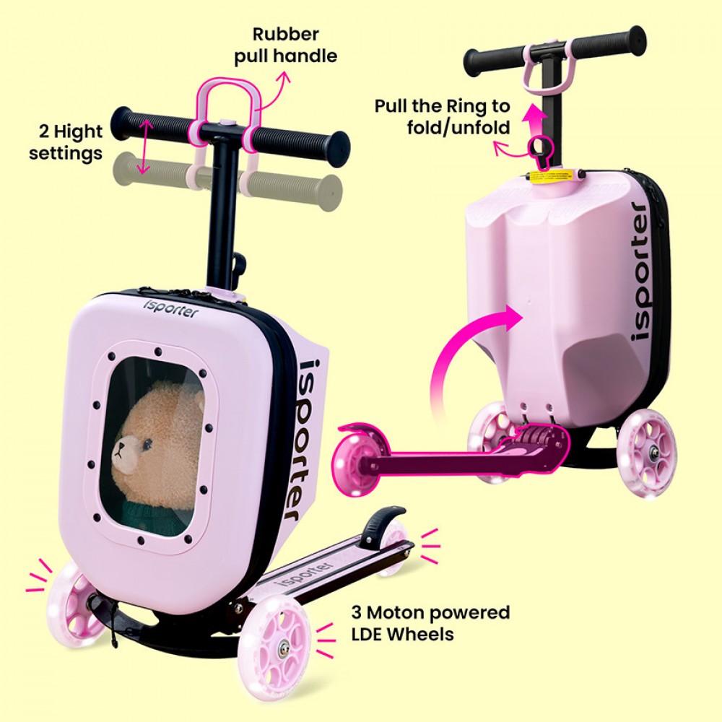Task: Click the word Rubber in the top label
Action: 285,34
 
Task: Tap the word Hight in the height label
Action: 78,131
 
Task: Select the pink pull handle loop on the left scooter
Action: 227,99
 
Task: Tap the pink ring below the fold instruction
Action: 540,148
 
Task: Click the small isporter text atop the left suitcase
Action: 171,308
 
